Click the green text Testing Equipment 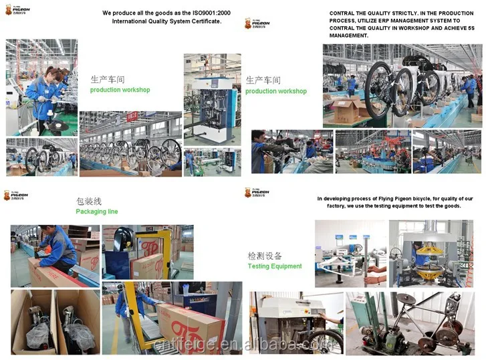(x=274, y=266)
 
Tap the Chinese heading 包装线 (x=89, y=201)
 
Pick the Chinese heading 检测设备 (x=264, y=256)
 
